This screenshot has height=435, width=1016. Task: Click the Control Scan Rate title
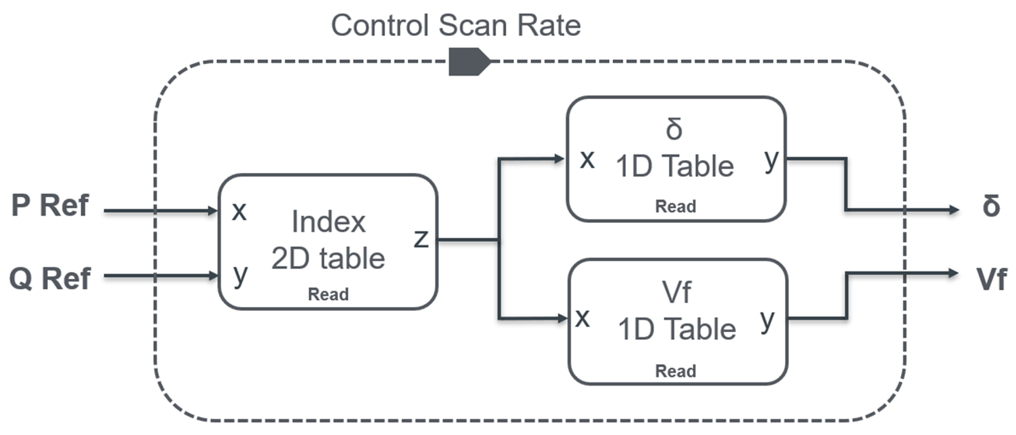[x=456, y=25]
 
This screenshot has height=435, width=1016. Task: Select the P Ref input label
[x=50, y=205]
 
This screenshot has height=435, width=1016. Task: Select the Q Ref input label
[x=50, y=279]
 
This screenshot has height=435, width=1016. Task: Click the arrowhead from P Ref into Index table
[x=213, y=211]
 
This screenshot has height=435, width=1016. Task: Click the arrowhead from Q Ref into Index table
[x=213, y=275]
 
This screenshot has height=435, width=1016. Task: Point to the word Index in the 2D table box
[x=329, y=222]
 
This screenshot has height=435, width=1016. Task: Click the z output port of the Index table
[x=421, y=238]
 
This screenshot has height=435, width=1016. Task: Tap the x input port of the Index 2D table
[x=239, y=212]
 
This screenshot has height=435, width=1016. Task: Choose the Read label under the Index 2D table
[x=328, y=294]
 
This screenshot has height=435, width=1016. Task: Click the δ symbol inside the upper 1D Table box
[x=674, y=129]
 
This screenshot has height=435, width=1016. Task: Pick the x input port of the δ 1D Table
[x=587, y=159]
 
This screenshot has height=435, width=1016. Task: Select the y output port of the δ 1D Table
[x=771, y=160]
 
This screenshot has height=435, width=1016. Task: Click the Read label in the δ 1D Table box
[x=675, y=207]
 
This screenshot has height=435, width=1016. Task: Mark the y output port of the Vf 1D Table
[x=767, y=321]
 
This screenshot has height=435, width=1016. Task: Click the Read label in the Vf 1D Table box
[x=675, y=371]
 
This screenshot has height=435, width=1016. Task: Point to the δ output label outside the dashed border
[x=991, y=206]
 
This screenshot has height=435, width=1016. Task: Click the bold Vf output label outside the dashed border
[x=991, y=279]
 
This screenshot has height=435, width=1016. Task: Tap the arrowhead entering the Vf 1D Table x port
[x=562, y=318]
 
